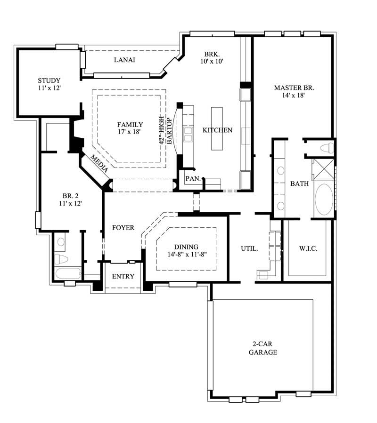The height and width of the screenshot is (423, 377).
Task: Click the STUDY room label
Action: pos(49,84)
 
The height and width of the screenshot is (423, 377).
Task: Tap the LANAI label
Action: pos(125,60)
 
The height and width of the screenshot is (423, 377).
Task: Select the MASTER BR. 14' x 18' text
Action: pos(294,91)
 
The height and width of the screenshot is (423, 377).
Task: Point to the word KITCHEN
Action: pos(217,130)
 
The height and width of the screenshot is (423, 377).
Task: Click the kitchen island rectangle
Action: pos(217,128)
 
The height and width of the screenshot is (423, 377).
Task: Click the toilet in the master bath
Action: pos(326,148)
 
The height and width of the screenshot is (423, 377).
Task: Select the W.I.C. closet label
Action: pos(308,248)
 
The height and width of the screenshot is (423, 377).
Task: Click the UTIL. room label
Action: pos(249,248)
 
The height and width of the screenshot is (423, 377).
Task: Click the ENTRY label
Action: pos(123,277)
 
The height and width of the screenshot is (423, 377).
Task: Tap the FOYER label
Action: pos(123,228)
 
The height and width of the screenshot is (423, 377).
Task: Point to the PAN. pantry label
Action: pos(193,179)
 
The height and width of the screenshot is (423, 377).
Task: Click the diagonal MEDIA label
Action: pos(99,163)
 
